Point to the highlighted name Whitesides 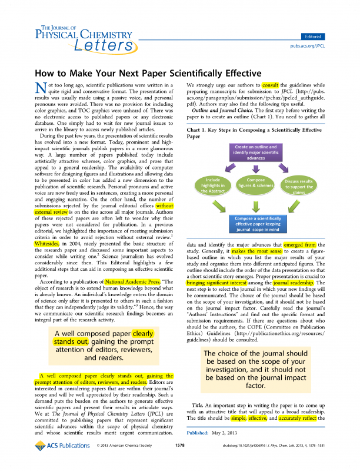47,241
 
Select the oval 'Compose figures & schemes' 256,183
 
